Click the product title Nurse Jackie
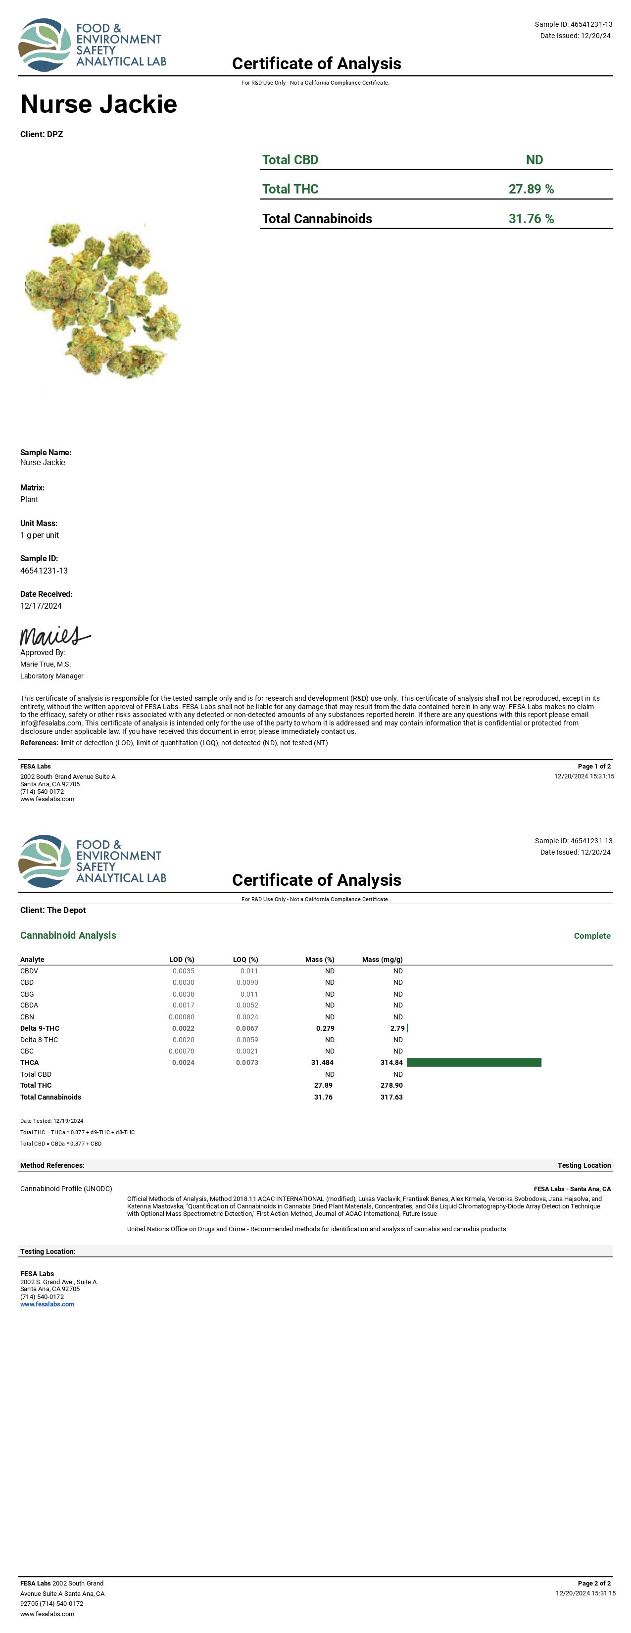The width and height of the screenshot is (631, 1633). click(98, 104)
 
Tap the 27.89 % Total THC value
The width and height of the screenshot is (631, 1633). click(531, 189)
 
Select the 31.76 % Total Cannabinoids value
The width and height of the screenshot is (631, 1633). click(531, 219)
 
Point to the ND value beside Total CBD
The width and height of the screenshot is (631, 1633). click(534, 160)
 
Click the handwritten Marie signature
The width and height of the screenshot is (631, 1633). click(54, 636)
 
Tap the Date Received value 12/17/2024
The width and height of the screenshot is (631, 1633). click(41, 606)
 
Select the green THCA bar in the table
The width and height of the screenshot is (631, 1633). click(474, 1062)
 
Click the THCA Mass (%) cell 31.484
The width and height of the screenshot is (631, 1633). click(322, 1062)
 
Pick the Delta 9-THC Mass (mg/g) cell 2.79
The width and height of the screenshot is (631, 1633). click(397, 1028)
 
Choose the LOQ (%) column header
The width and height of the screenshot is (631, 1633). click(245, 960)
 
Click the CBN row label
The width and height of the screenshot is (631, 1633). click(27, 1017)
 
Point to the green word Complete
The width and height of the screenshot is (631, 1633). click(592, 936)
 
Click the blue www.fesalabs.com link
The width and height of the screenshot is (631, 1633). click(47, 1304)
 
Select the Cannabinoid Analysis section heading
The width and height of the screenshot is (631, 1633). click(68, 935)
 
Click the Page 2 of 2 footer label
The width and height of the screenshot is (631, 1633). click(594, 1584)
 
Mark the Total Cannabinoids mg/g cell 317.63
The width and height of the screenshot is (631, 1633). click(391, 1098)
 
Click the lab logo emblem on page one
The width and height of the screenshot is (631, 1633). click(45, 45)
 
